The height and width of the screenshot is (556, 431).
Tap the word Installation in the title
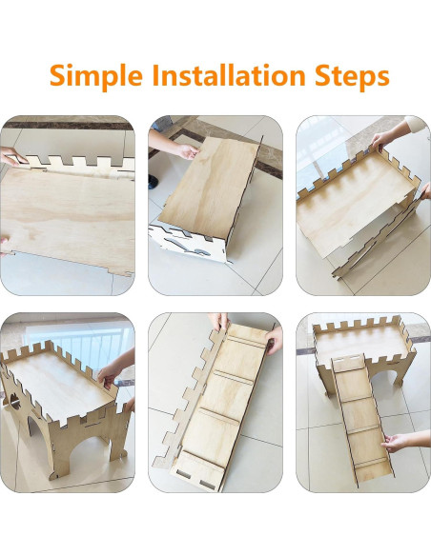[229, 74]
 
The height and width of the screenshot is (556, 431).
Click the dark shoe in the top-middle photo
[153, 182]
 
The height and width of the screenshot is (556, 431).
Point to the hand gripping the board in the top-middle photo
[187, 151]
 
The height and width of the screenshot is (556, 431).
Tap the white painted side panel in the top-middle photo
[188, 242]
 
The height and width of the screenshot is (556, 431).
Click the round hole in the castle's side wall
[15, 401]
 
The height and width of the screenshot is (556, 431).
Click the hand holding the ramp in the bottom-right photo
[395, 443]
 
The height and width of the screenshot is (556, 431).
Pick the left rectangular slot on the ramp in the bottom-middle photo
[183, 474]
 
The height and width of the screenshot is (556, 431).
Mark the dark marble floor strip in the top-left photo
[68, 125]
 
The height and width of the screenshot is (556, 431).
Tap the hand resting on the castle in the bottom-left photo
[109, 375]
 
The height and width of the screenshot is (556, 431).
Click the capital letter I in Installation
[156, 75]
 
